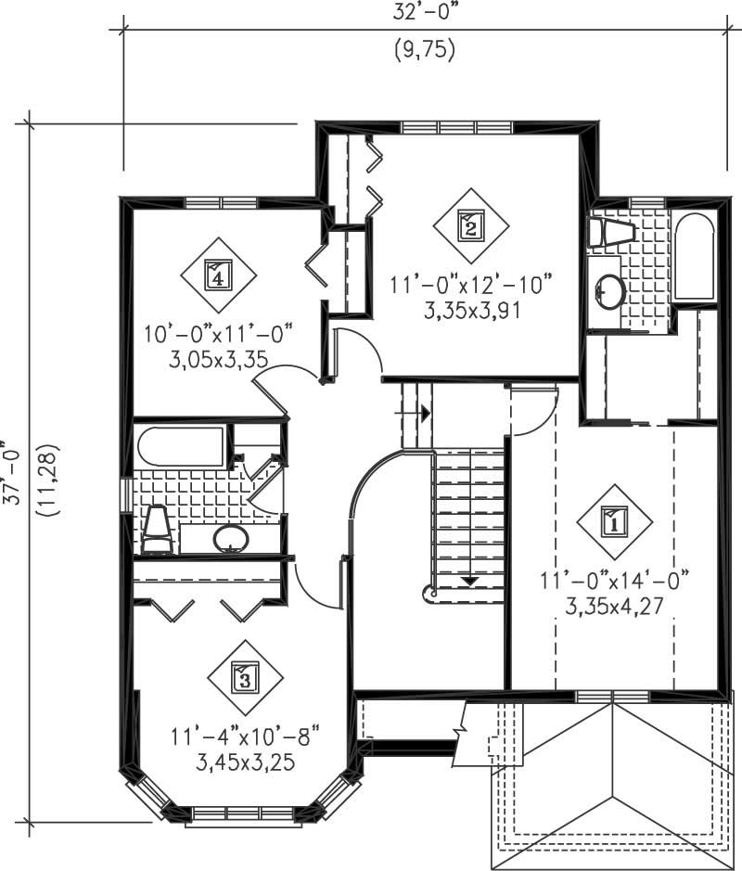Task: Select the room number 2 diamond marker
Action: tap(471, 225)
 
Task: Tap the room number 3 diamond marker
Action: tap(244, 678)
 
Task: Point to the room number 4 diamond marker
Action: tap(216, 275)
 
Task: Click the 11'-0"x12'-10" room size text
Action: tap(471, 282)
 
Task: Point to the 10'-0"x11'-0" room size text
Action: tap(218, 331)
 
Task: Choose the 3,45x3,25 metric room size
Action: tap(245, 762)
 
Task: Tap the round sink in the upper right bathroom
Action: tap(610, 290)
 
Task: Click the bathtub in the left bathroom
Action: tap(181, 447)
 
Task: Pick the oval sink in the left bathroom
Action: tap(229, 538)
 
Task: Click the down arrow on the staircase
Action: tap(469, 581)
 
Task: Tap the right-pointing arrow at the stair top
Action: tap(424, 414)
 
